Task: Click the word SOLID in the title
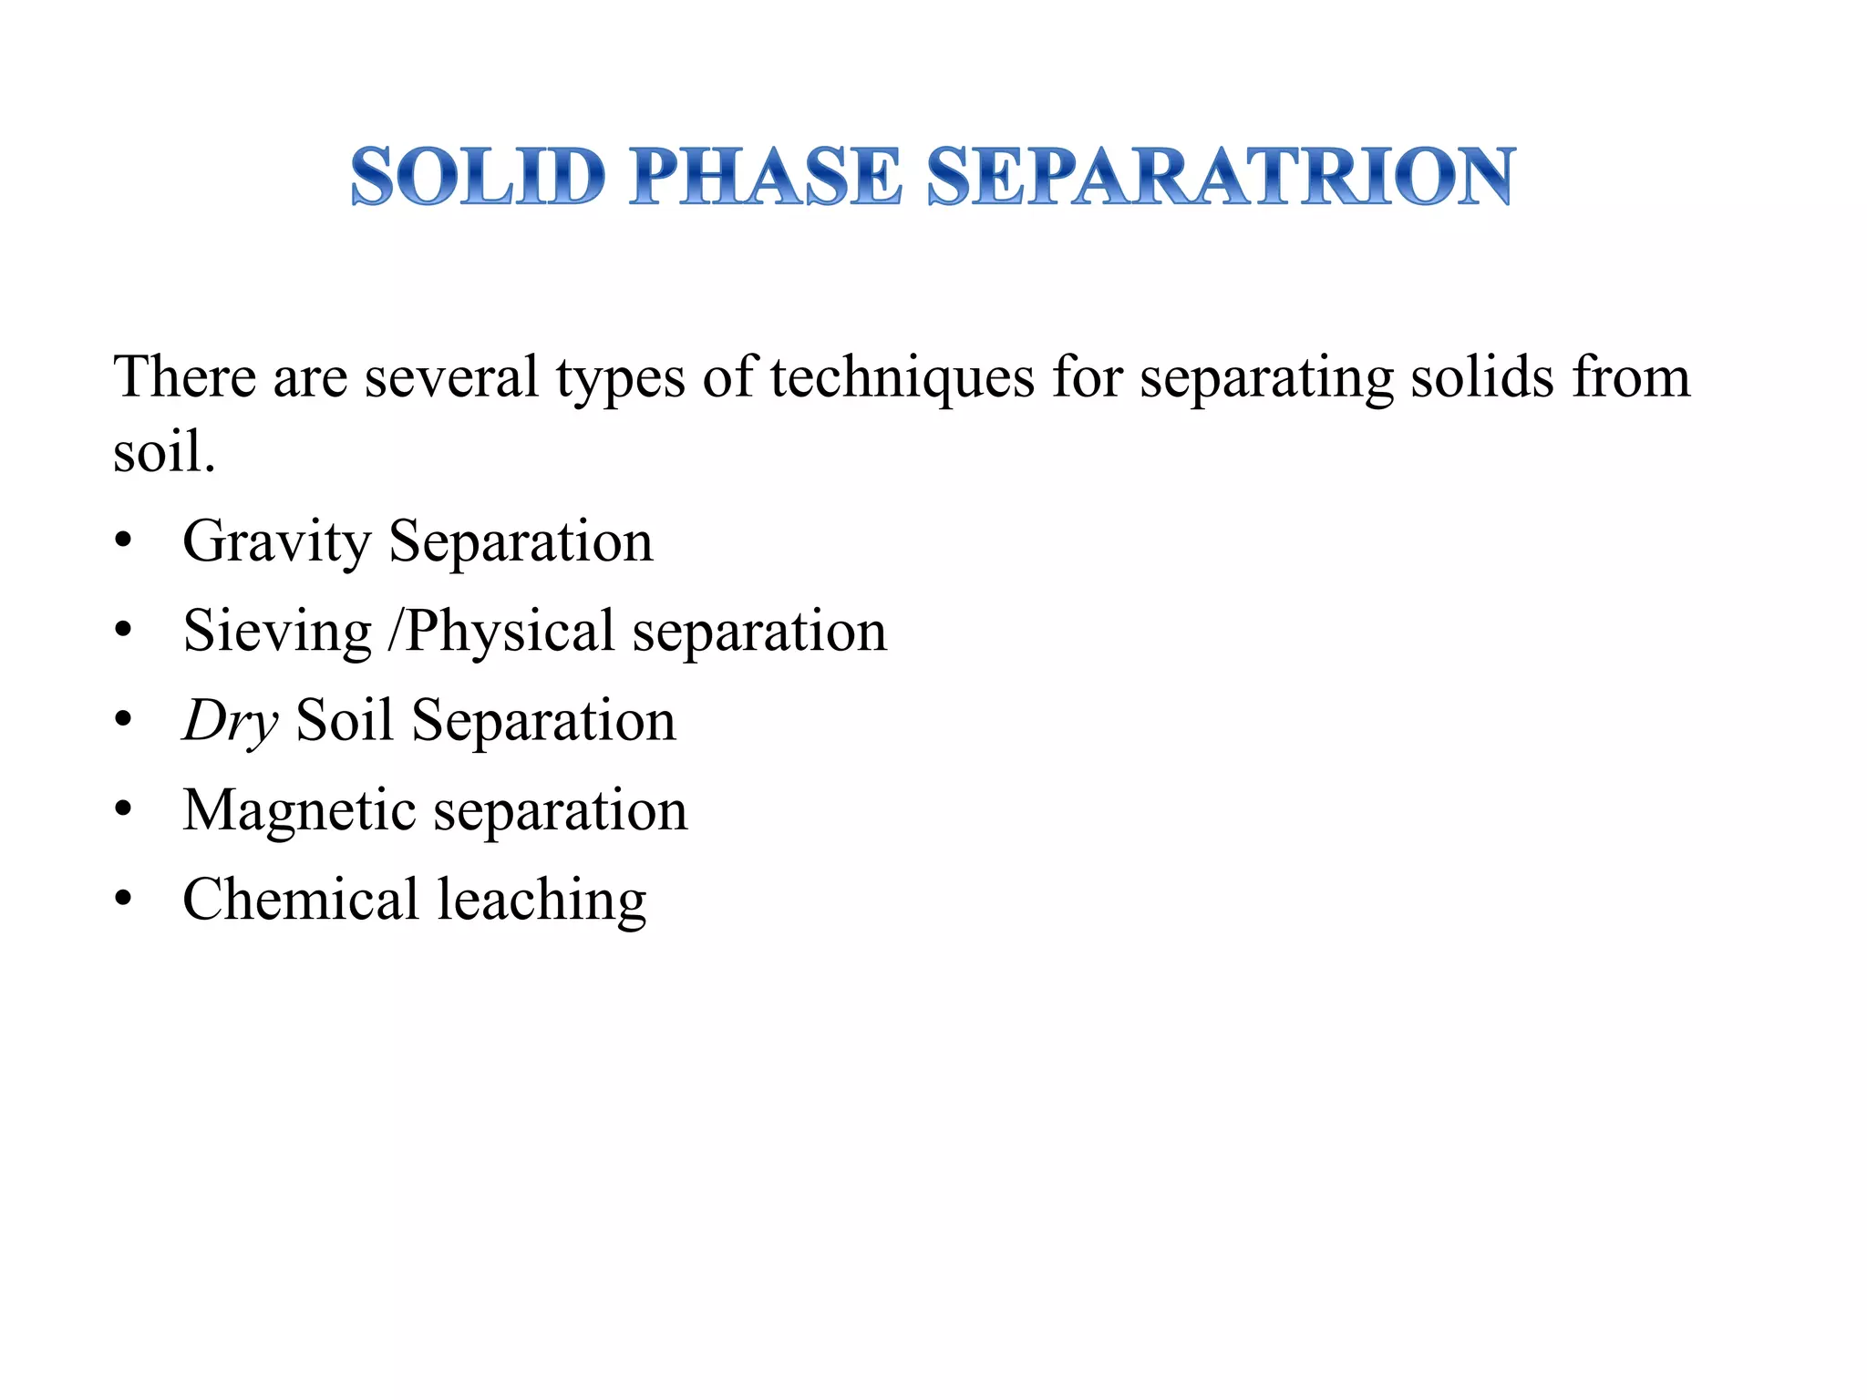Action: (x=478, y=175)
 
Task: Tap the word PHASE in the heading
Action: (x=765, y=175)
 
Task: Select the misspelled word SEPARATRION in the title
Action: (x=1221, y=175)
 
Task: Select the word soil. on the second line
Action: (x=164, y=451)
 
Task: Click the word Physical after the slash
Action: (x=510, y=632)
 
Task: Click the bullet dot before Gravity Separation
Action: (x=124, y=542)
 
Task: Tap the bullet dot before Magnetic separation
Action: (x=124, y=810)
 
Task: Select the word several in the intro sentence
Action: (x=451, y=376)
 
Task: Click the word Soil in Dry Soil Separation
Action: (x=345, y=721)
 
